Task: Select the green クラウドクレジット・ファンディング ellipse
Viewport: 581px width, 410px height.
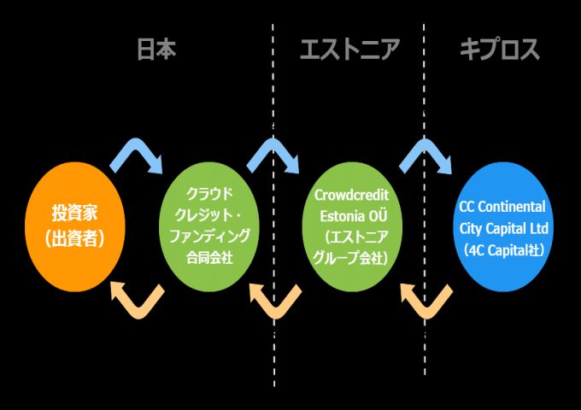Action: [x=210, y=225]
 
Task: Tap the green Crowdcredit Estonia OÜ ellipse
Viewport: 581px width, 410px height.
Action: [x=351, y=225]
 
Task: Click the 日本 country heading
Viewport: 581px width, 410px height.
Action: [x=157, y=50]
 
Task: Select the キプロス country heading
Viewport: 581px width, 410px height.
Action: [x=500, y=50]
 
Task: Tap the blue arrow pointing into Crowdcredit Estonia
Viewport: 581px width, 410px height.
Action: [x=275, y=154]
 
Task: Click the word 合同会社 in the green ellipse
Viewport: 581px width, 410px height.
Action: [x=208, y=254]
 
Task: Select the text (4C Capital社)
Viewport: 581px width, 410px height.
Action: [x=502, y=249]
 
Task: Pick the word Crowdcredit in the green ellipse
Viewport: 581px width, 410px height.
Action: [x=352, y=196]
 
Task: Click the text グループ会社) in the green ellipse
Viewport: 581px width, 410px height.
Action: [x=352, y=256]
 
